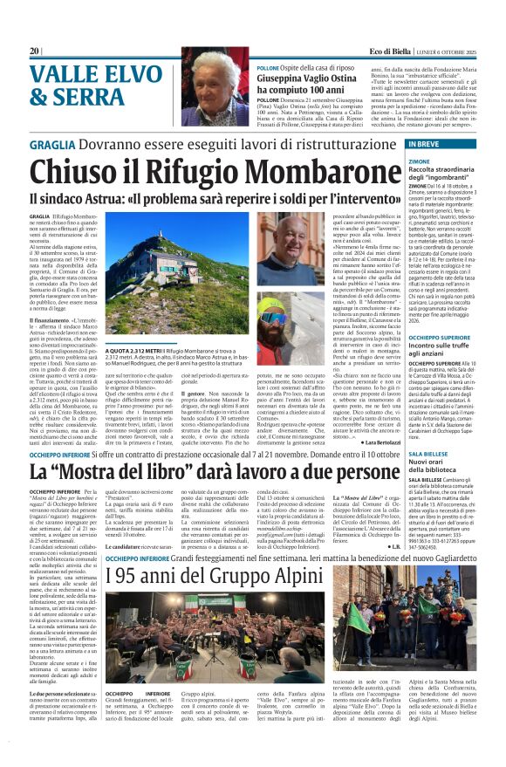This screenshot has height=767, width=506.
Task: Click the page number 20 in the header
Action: click(36, 51)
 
